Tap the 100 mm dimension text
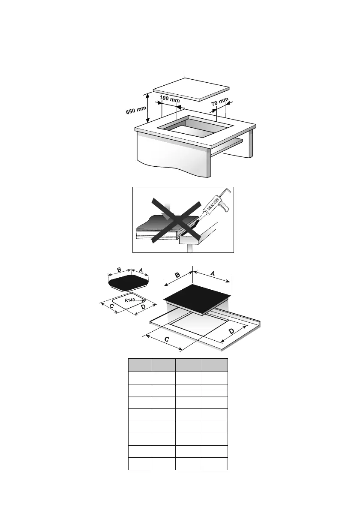pyautogui.click(x=169, y=99)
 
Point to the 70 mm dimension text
pyautogui.click(x=220, y=102)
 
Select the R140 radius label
pyautogui.click(x=130, y=300)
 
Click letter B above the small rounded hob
pyautogui.click(x=119, y=270)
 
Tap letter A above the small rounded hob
pyautogui.click(x=141, y=270)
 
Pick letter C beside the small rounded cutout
pyautogui.click(x=111, y=306)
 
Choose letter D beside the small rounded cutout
pyautogui.click(x=143, y=307)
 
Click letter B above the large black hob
pyautogui.click(x=177, y=275)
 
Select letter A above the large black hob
pyautogui.click(x=213, y=273)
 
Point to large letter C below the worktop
pyautogui.click(x=167, y=339)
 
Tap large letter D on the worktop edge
pyautogui.click(x=231, y=331)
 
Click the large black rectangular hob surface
pyautogui.click(x=197, y=297)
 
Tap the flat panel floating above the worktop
pyautogui.click(x=191, y=90)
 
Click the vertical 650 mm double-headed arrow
pyautogui.click(x=148, y=107)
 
